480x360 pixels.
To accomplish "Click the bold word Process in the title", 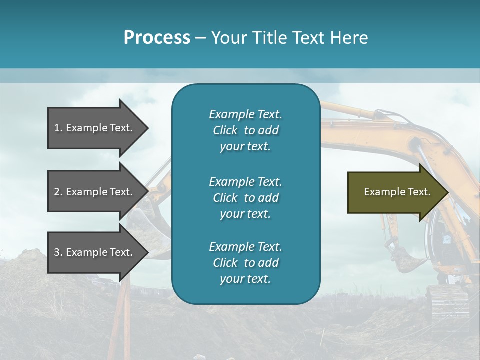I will coord(157,38).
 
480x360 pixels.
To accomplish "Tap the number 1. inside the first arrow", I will coord(58,128).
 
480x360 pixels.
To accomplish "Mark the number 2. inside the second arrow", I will coord(58,192).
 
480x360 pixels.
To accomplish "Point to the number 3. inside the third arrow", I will coord(58,252).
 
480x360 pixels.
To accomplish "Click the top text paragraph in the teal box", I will coord(245,130).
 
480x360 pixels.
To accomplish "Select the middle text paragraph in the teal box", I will coord(245,198).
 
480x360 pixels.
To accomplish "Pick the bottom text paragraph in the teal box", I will coord(245,263).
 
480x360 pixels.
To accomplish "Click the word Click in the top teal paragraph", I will coord(225,130).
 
